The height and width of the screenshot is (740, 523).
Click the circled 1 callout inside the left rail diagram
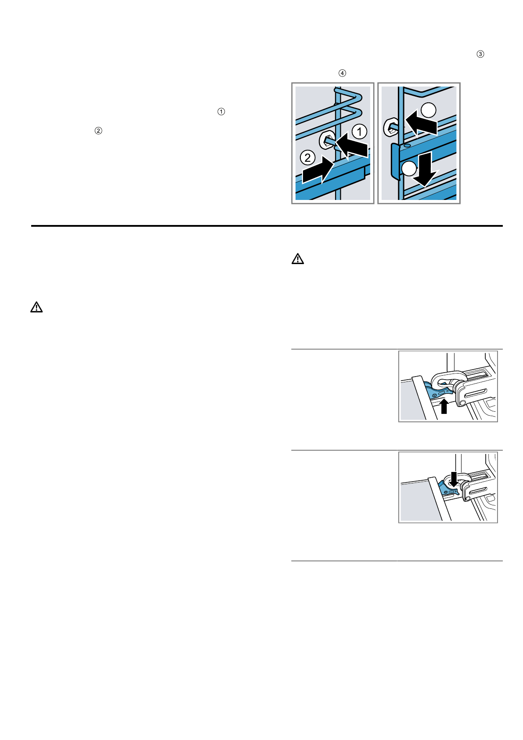coord(359,131)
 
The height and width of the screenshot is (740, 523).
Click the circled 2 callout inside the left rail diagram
coord(307,157)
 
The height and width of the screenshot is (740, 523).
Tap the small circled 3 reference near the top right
coord(480,54)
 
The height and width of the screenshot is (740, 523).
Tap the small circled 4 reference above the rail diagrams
coord(342,73)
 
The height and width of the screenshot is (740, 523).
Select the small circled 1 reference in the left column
coord(221,112)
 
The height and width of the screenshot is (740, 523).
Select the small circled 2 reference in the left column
coord(98,131)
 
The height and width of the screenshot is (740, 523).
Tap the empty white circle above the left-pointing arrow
coord(429,110)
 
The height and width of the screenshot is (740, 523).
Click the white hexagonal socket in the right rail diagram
coord(390,127)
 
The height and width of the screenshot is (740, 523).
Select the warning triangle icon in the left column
coord(36,307)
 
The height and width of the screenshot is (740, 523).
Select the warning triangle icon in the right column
coord(298,259)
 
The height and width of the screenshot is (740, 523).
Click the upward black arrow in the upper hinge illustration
coord(444,406)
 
